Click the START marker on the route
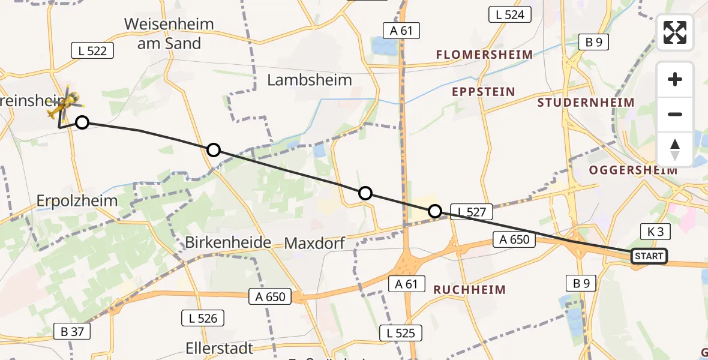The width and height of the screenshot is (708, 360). pos(649,256)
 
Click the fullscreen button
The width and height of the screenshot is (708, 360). pos(675,32)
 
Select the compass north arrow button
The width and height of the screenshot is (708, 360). pos(675,149)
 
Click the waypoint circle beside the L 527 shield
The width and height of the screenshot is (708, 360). pos(435,211)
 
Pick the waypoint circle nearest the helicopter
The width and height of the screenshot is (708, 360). pos(82,122)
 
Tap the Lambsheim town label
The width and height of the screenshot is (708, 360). pos(309,80)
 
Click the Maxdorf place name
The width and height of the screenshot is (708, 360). pos(315,243)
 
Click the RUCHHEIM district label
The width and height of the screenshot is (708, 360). pos(470,290)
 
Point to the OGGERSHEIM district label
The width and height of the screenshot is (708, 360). pos(633,170)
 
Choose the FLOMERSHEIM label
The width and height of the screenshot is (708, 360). pos(484,55)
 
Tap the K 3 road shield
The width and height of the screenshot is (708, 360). pos(655,232)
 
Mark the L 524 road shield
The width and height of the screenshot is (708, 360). pos(510,15)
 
